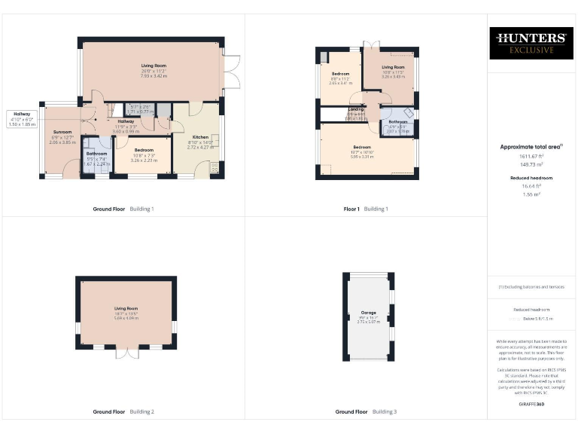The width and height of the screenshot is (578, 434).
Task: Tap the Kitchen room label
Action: click(199, 137)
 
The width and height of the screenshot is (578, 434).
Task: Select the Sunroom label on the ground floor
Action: click(62, 132)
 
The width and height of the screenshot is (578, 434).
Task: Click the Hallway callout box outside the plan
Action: click(22, 119)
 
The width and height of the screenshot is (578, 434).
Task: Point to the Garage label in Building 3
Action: click(368, 312)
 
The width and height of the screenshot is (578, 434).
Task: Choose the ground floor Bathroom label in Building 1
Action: click(96, 154)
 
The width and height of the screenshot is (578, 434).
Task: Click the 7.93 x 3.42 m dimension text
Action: click(152, 76)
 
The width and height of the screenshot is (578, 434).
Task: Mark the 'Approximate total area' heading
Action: click(531, 147)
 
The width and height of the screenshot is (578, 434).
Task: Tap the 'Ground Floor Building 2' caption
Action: click(123, 412)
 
